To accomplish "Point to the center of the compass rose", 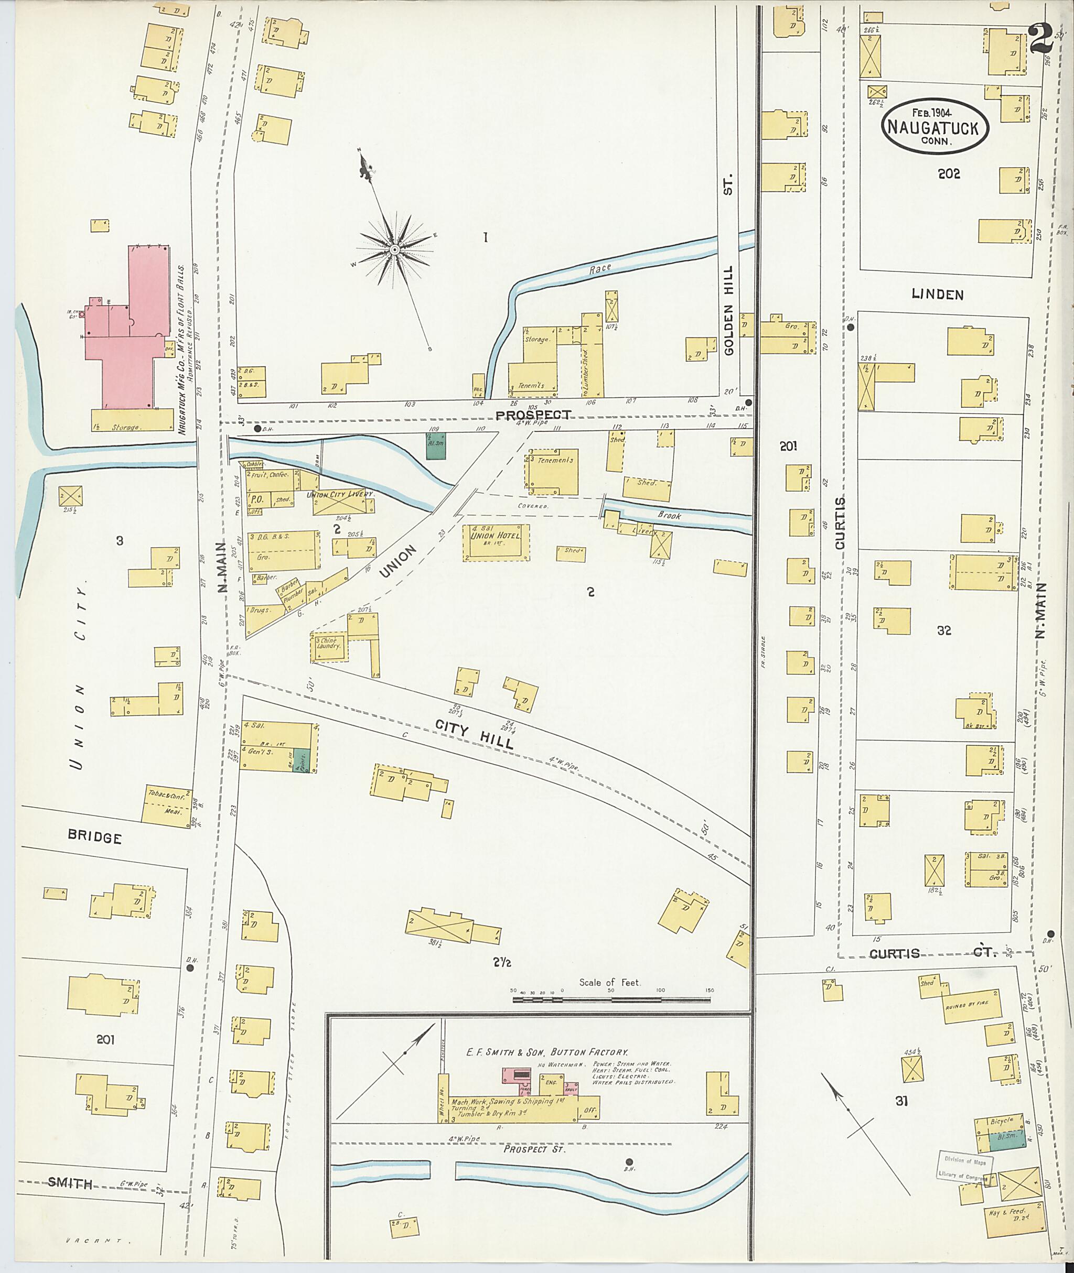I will [x=394, y=249].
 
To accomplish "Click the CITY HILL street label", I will [x=474, y=734].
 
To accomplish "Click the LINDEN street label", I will [x=937, y=295].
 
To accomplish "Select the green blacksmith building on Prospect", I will [x=435, y=446].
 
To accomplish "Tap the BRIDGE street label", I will [x=94, y=838].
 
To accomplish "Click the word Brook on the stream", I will [x=669, y=515].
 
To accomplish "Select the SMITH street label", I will [x=70, y=1183].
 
